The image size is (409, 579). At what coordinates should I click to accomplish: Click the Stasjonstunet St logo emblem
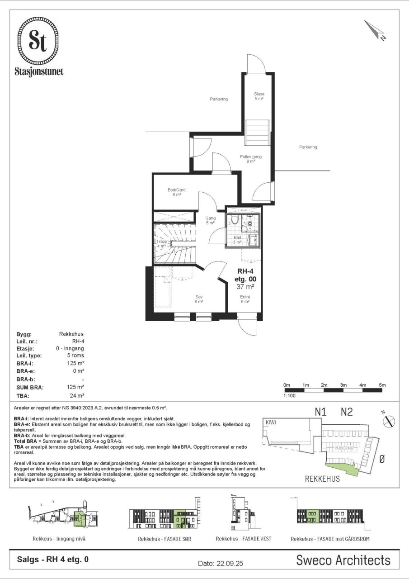pos(38,41)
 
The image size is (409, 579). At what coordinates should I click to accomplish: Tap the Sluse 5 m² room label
pos(259,96)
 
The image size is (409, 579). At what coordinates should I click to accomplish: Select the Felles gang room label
pos(251,157)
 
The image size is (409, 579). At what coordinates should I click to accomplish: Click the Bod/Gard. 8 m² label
pos(177,192)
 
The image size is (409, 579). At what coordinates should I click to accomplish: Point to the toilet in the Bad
pos(235,220)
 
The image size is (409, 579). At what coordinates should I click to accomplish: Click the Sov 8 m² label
pos(199,299)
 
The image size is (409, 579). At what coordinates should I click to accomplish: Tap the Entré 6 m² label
pos(245,299)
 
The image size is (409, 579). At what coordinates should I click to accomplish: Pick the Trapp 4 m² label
pos(162,243)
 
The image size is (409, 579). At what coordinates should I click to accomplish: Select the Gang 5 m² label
pos(211,220)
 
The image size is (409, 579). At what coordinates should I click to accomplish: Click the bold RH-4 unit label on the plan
pos(245,271)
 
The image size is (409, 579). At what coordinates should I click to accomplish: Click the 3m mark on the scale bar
pos(343,385)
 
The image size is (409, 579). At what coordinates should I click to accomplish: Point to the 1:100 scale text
pos(289,395)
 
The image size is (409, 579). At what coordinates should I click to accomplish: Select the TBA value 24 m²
pos(77,395)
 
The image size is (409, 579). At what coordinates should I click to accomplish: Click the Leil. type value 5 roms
pos(75,355)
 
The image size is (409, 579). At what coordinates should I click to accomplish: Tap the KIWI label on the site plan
pos(271,422)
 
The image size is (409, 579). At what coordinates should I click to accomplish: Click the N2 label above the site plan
pos(347,412)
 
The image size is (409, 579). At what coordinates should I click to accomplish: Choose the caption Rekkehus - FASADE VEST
pos(244,539)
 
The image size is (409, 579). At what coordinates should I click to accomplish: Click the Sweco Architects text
pos(343,560)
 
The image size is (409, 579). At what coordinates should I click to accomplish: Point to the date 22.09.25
pos(221,563)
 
